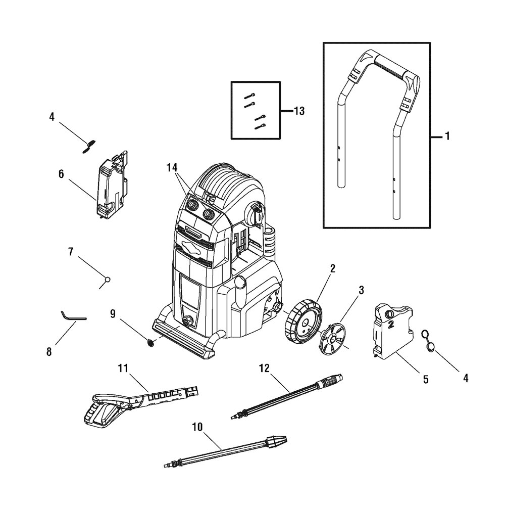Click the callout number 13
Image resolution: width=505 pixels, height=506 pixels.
pos(299,111)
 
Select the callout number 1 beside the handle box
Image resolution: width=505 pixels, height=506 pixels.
pos(447,136)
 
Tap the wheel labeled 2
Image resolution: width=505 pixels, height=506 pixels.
pos(301,321)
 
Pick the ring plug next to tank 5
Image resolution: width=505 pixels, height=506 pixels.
pos(429,339)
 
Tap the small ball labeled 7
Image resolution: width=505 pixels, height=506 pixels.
pos(107,279)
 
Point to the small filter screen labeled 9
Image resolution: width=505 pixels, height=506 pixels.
pos(150,343)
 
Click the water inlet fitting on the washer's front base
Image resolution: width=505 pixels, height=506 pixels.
pos(188,321)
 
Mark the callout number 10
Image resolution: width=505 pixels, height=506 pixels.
pos(197,428)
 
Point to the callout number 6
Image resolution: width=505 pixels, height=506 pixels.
pos(61,174)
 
